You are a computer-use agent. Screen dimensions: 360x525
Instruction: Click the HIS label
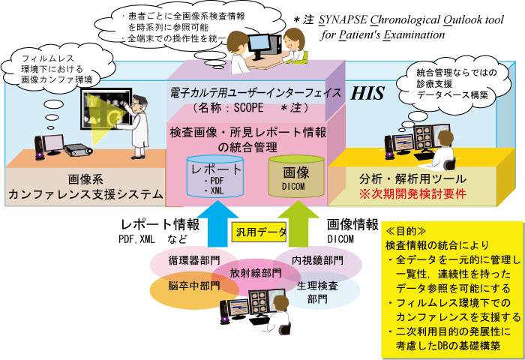pyautogui.click(x=367, y=93)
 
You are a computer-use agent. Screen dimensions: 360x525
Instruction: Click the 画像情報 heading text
pyautogui.click(x=352, y=223)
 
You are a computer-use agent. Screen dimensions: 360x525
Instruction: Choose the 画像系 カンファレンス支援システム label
pyautogui.click(x=84, y=187)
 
